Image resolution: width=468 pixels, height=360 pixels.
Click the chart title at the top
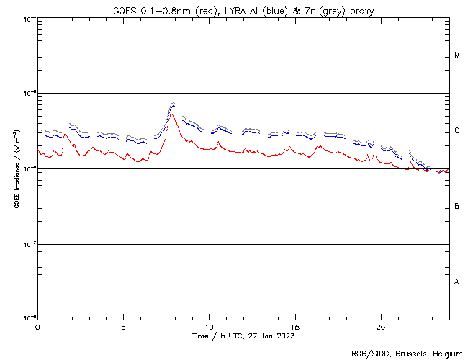[x=244, y=10]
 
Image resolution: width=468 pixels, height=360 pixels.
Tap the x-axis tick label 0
[x=37, y=326]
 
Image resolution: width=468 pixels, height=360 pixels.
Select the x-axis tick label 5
[x=123, y=326]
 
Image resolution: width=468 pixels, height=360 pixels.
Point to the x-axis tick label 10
[x=209, y=326]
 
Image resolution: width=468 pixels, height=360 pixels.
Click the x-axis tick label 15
[x=295, y=326]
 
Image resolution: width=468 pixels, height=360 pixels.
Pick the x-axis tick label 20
[x=381, y=326]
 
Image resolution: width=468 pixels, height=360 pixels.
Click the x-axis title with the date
[x=243, y=336]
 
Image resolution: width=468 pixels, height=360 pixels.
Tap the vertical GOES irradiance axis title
[x=16, y=168]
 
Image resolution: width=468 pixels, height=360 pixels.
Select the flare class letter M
[x=457, y=55]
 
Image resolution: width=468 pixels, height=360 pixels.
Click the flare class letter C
[x=457, y=131]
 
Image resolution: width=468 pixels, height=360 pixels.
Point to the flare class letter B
[x=457, y=207]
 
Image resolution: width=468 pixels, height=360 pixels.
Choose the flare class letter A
[x=457, y=282]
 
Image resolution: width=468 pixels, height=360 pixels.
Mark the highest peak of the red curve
[x=171, y=114]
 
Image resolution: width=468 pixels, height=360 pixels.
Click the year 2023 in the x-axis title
[x=286, y=336]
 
